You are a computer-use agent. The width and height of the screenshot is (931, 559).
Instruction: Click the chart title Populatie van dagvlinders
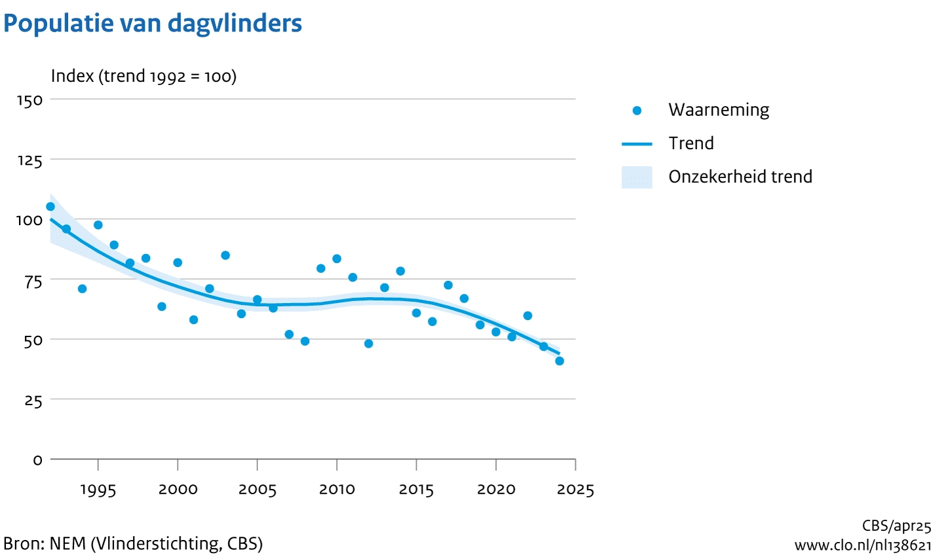click(153, 24)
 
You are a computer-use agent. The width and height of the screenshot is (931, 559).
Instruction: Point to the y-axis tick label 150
click(29, 100)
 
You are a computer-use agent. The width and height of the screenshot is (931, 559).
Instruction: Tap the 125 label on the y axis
click(29, 160)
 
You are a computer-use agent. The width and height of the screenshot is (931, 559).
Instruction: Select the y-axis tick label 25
click(33, 400)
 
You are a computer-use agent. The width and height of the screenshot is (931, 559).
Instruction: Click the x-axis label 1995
click(98, 490)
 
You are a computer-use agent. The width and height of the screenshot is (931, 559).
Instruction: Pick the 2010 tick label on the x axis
click(337, 490)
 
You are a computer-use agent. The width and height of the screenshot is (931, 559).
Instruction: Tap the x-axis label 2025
click(576, 490)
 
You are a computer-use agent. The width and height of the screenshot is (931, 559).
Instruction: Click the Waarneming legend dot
click(637, 111)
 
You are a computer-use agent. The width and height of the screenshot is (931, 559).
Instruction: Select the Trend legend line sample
click(637, 144)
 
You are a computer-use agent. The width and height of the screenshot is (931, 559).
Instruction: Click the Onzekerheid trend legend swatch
click(637, 177)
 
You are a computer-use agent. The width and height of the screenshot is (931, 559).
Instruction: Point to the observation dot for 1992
click(50, 206)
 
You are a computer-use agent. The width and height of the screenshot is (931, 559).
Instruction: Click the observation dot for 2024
click(560, 361)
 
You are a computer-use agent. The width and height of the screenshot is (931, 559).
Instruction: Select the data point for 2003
click(225, 255)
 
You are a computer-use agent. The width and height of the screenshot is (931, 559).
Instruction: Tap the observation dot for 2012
click(368, 344)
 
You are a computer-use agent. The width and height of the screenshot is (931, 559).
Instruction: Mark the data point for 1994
click(82, 289)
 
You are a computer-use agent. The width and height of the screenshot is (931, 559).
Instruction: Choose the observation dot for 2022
click(527, 316)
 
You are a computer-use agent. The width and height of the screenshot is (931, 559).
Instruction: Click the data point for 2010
click(337, 259)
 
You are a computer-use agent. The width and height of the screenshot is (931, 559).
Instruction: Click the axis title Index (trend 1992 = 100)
click(143, 77)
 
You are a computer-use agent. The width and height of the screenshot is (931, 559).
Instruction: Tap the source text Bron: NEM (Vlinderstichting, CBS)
click(133, 543)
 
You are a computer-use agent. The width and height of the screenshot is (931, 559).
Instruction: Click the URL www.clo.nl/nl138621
click(862, 545)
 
